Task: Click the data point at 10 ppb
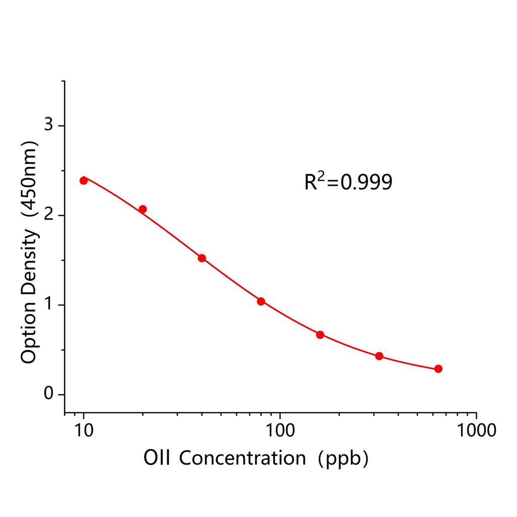pyautogui.click(x=84, y=180)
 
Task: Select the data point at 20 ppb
pyautogui.click(x=142, y=209)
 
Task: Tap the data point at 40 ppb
pyautogui.click(x=202, y=258)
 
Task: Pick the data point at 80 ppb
pyautogui.click(x=261, y=301)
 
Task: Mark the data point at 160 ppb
pyautogui.click(x=320, y=335)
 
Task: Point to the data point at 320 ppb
pyautogui.click(x=379, y=356)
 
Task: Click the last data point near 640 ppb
pyautogui.click(x=438, y=369)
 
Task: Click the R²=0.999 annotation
pyautogui.click(x=348, y=182)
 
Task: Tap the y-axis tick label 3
pyautogui.click(x=48, y=125)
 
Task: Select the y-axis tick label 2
pyautogui.click(x=48, y=215)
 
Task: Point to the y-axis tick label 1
pyautogui.click(x=48, y=305)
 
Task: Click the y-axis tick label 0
pyautogui.click(x=48, y=394)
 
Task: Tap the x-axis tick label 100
pyautogui.click(x=280, y=430)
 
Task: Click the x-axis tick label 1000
pyautogui.click(x=476, y=430)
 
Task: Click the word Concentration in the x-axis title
pyautogui.click(x=242, y=458)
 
